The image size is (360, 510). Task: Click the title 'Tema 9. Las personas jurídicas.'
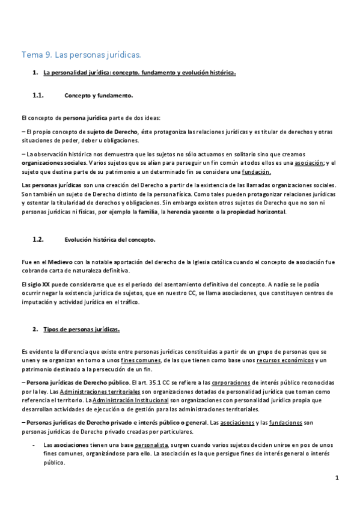coord(81,55)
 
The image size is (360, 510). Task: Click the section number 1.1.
coord(38,95)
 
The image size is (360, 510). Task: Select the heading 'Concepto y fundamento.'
coord(98,95)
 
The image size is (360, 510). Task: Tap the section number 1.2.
coord(38,239)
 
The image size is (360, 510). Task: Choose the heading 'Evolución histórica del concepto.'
coord(109,239)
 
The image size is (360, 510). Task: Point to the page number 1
coord(338,478)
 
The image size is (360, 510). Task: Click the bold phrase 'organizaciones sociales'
coord(54,162)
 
